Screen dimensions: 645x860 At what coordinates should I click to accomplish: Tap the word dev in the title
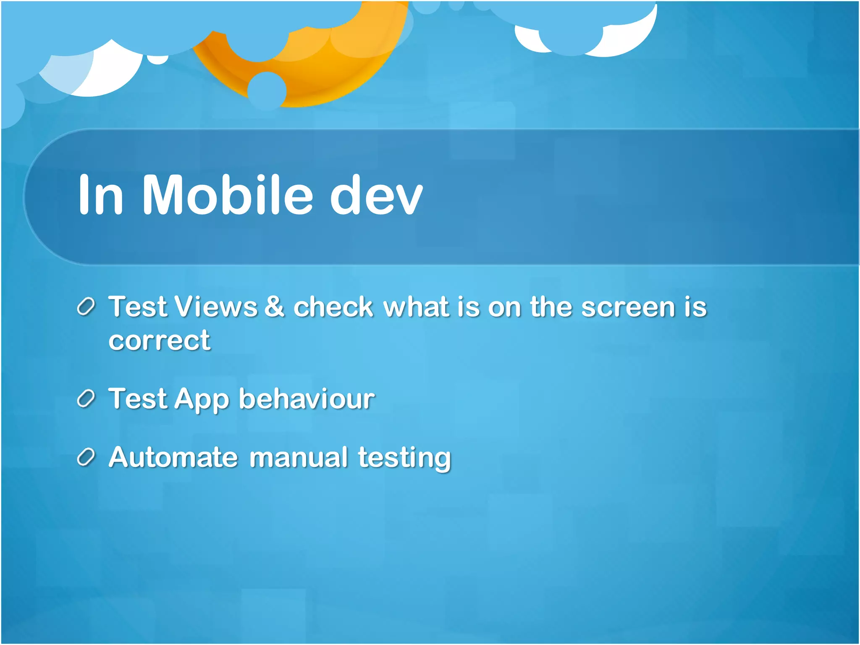(x=375, y=196)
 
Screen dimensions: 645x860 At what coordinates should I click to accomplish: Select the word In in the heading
(x=101, y=196)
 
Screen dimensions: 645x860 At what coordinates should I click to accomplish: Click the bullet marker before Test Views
(x=87, y=307)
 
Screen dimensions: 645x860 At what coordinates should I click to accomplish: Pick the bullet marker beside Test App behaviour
(x=87, y=399)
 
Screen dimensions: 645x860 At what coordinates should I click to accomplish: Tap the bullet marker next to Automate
(x=87, y=457)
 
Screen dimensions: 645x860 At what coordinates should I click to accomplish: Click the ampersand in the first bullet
(x=275, y=307)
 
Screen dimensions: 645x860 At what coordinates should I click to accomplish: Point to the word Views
(x=216, y=307)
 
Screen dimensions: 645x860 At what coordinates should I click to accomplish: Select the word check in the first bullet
(x=333, y=307)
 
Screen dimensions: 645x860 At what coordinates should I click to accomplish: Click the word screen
(x=628, y=307)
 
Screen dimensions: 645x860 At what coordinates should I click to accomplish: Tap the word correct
(x=159, y=341)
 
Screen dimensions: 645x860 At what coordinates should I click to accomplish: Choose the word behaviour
(x=307, y=399)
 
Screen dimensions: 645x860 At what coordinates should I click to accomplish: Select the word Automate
(x=173, y=457)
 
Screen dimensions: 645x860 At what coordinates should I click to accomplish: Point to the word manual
(x=299, y=457)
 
